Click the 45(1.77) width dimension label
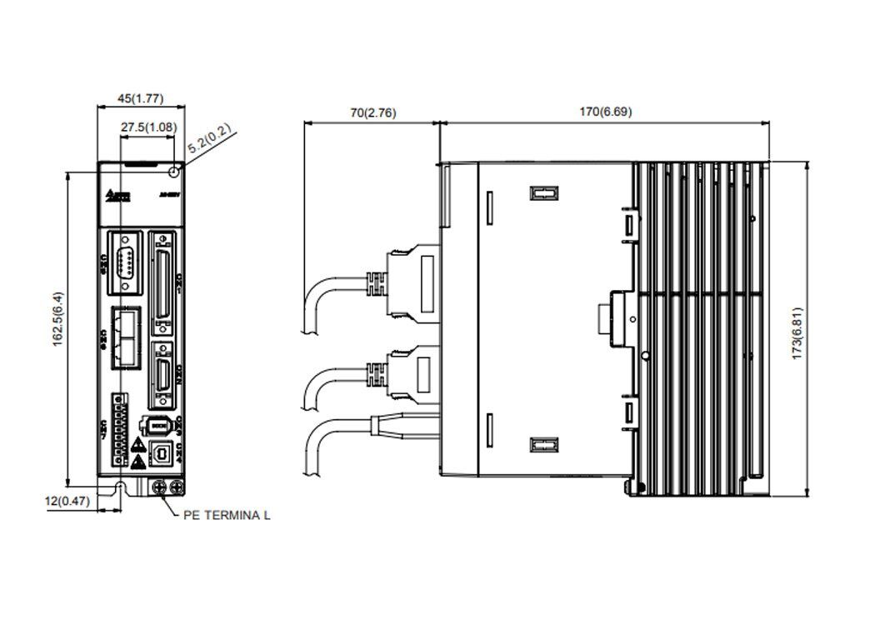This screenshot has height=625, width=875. [140, 98]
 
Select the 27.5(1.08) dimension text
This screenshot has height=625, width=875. [148, 127]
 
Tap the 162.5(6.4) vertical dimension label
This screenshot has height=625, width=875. [57, 321]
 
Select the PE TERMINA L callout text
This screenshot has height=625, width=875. [226, 515]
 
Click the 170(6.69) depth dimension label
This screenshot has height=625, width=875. [604, 111]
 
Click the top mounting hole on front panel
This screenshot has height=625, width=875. [173, 172]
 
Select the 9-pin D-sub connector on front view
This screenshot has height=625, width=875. [125, 261]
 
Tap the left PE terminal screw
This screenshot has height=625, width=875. [158, 485]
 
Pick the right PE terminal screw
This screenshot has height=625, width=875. [176, 485]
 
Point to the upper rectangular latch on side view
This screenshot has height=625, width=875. [542, 194]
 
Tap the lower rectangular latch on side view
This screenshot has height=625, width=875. [542, 445]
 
